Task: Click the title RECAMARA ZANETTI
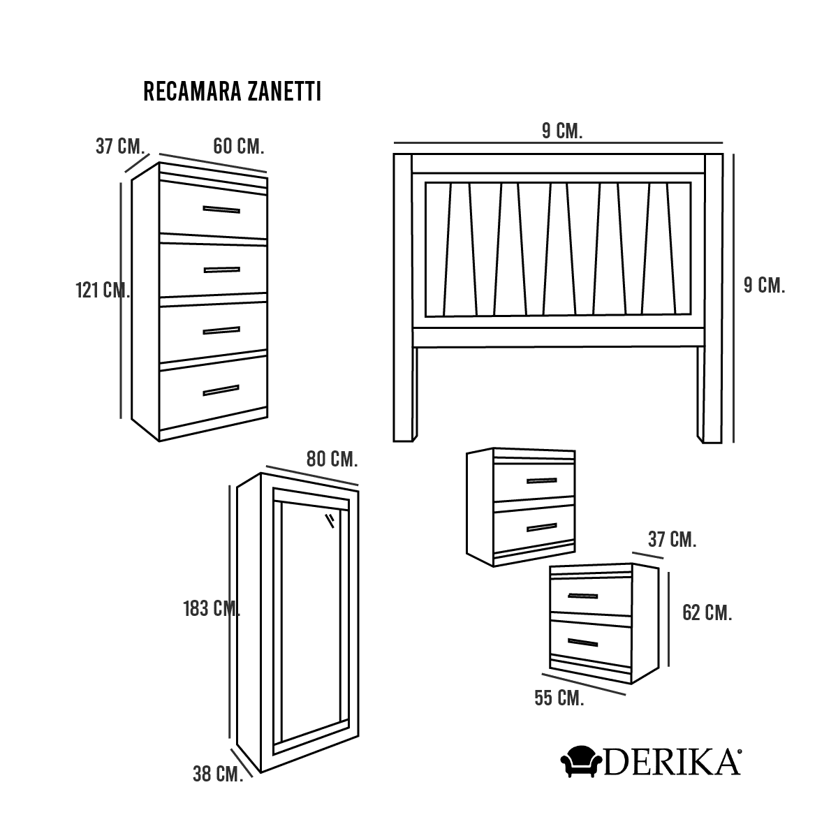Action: click(233, 91)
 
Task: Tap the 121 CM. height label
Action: click(103, 290)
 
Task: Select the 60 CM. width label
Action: click(239, 147)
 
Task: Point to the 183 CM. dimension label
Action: click(212, 609)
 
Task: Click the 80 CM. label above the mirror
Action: click(332, 460)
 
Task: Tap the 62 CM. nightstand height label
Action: click(707, 612)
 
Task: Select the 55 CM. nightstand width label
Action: click(559, 698)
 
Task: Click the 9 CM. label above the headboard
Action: click(562, 131)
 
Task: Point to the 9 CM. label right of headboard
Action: click(764, 286)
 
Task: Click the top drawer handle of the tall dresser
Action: click(221, 209)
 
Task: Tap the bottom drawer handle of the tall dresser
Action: click(221, 390)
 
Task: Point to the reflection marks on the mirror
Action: click(330, 521)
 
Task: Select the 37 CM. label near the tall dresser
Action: click(120, 146)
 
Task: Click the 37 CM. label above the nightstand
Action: click(672, 539)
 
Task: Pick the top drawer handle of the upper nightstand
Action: click(542, 480)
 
